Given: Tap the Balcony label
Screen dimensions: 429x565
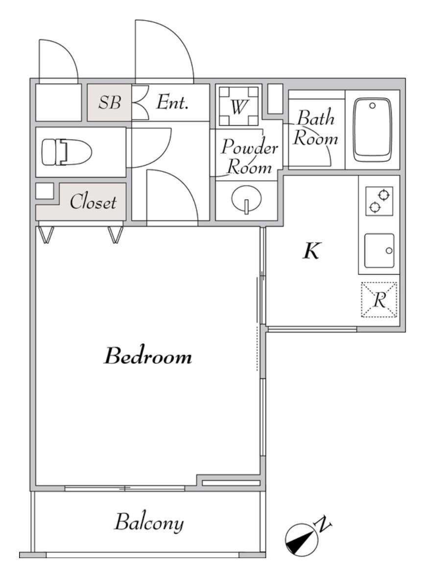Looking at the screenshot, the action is (x=149, y=522).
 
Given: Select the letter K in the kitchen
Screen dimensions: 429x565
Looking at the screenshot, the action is (x=311, y=251).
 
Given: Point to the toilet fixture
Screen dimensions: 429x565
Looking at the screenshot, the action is (x=67, y=152).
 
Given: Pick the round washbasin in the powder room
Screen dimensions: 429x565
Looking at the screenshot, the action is (x=247, y=199).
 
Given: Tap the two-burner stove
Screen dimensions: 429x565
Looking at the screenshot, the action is (x=379, y=201).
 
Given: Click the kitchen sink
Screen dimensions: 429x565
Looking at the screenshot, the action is (x=379, y=251).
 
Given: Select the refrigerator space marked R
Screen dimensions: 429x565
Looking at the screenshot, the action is (x=379, y=300).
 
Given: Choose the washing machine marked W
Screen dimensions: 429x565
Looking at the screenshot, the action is (x=239, y=106).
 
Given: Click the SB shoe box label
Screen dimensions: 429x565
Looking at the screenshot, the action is (x=110, y=102).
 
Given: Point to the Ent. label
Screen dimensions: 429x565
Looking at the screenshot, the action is (x=172, y=102).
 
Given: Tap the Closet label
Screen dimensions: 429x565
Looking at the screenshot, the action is (x=93, y=202).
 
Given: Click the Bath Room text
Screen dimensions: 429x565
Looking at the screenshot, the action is (x=315, y=128).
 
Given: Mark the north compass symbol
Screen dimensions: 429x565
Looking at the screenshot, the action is (x=301, y=540).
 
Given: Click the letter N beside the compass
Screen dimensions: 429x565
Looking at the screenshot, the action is (x=323, y=525).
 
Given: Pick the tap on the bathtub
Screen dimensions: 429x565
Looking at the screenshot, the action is (x=372, y=106).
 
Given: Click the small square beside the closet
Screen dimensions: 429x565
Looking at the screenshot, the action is (x=45, y=191).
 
